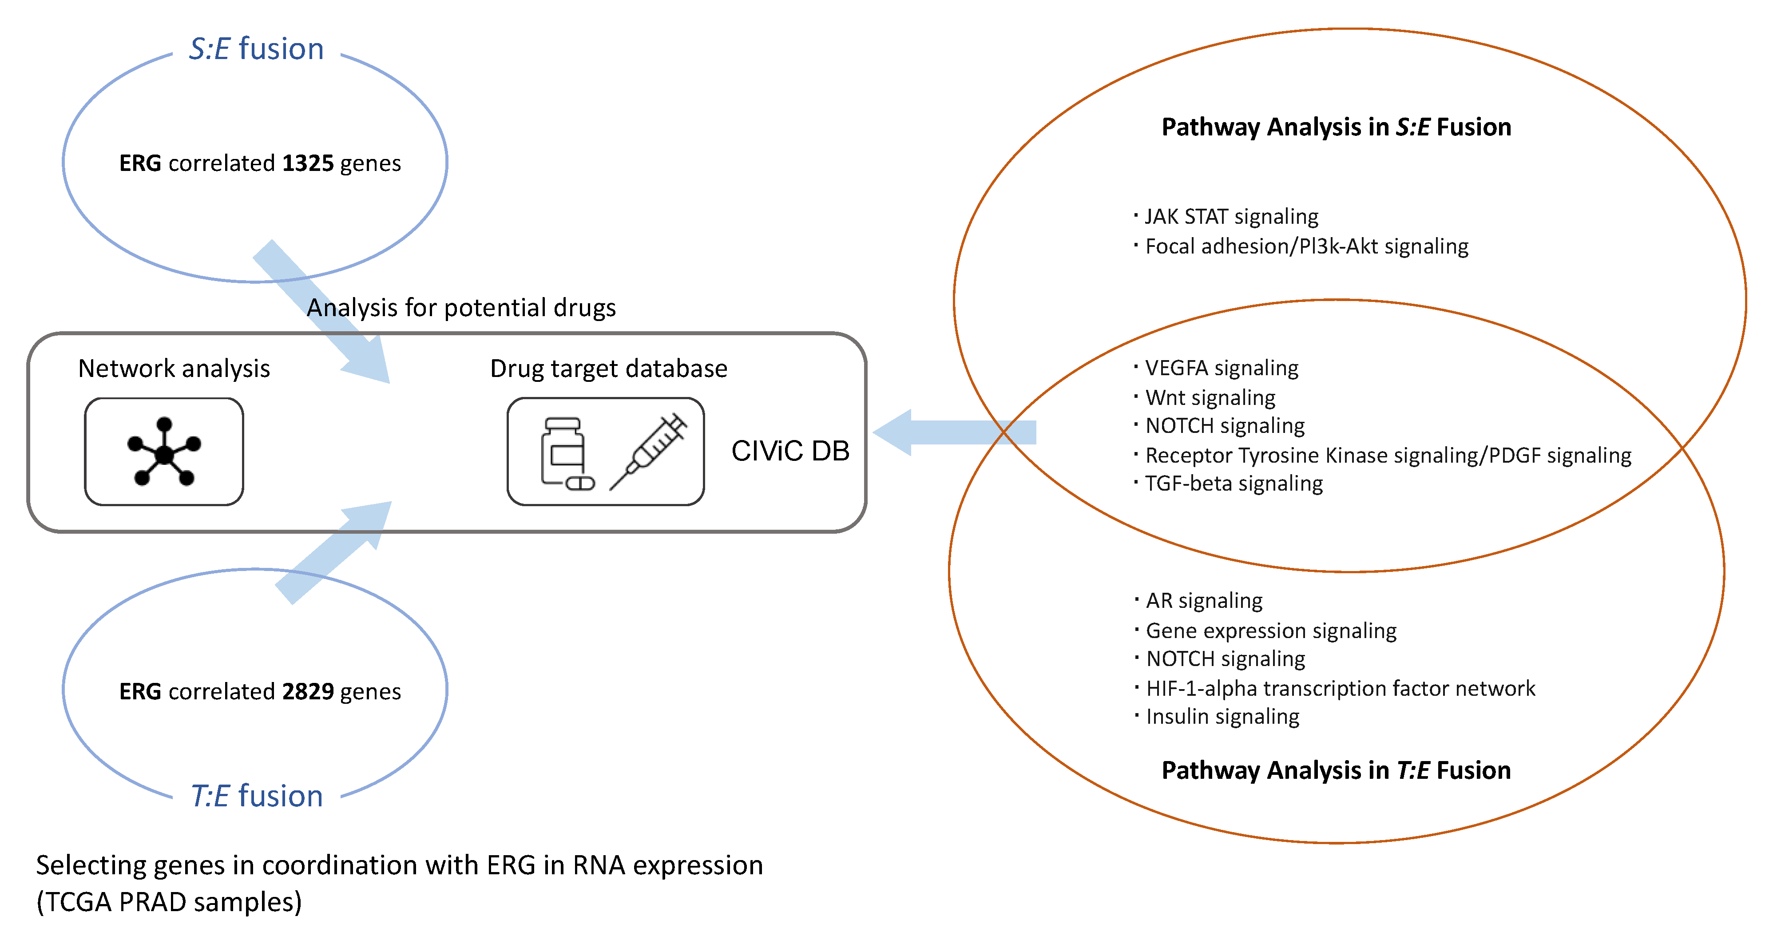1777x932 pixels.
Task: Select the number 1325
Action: point(308,163)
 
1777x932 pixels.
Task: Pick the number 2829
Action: point(308,691)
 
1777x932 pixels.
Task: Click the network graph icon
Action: point(164,452)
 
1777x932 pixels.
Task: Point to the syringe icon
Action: point(648,452)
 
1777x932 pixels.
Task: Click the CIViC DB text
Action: point(790,451)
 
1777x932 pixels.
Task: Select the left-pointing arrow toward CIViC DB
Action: point(954,432)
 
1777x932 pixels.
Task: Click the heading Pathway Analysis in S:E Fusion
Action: point(1336,127)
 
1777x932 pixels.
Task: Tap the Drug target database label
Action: point(608,369)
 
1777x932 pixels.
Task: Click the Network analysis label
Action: point(174,369)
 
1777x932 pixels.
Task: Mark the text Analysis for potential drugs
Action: point(461,308)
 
